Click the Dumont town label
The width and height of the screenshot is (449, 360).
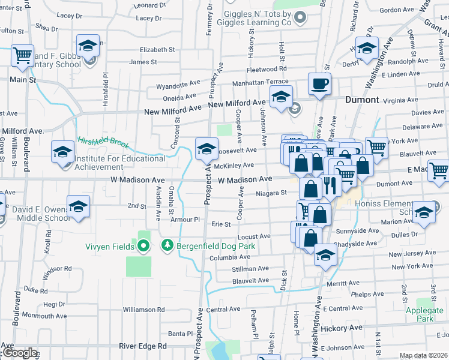[362, 100]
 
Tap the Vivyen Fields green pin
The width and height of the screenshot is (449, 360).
[143, 245]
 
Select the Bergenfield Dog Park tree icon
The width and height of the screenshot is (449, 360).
[167, 245]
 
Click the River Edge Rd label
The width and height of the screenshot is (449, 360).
[143, 346]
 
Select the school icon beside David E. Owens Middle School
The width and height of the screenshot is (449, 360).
[77, 206]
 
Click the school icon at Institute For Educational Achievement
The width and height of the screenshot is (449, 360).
[62, 151]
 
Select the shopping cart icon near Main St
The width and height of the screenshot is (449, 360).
[22, 55]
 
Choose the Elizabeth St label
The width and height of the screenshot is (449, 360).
[157, 50]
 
